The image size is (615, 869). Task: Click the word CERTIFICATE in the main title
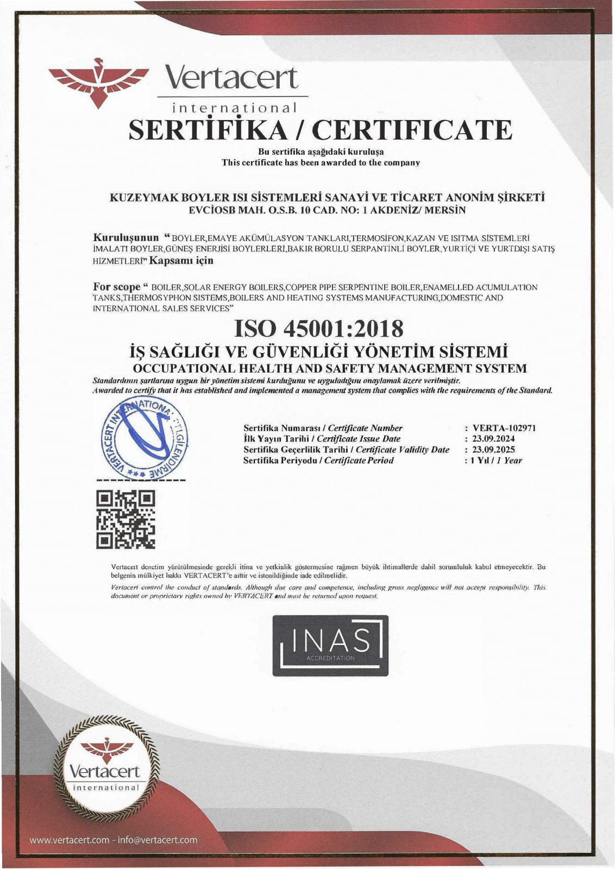[414, 129]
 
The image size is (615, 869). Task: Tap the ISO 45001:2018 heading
[319, 328]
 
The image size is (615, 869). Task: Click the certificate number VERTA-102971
[504, 428]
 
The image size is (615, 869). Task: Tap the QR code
[125, 518]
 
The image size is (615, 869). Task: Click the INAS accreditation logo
[330, 645]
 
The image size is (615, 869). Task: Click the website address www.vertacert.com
[69, 840]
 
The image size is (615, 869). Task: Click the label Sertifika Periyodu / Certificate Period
[318, 461]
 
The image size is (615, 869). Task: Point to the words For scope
[117, 286]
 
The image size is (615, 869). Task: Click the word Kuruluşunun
[126, 238]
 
